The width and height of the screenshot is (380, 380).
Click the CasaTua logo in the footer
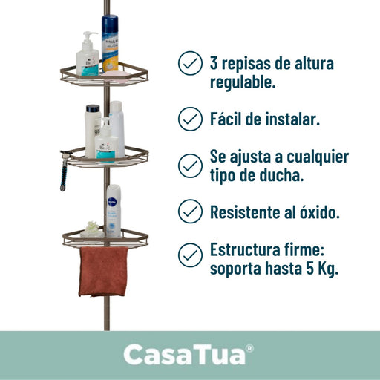coord(189,355)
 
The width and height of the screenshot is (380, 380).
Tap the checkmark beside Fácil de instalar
coord(190,119)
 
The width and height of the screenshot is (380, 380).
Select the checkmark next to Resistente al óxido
coord(190,212)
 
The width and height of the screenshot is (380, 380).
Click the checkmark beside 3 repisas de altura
coord(190,63)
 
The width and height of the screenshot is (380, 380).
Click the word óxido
coord(320,212)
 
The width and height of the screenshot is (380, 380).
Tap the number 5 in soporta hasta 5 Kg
coord(310,269)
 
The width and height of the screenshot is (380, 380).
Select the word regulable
coord(243,82)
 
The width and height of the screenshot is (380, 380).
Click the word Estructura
coord(245,250)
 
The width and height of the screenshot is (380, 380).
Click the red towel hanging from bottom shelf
coord(103,272)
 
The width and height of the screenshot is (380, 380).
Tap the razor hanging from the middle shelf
coord(65,171)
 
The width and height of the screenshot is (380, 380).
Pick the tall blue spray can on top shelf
coord(110,44)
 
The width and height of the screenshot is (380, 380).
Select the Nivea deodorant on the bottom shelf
coord(114,211)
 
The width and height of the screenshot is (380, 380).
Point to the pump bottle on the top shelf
coord(88,53)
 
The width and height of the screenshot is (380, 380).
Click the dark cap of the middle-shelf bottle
coord(93,108)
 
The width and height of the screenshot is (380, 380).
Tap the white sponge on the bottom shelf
coord(91,230)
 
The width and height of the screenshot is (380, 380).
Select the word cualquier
coord(318,157)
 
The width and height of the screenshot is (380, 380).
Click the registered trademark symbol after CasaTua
coord(250,348)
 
